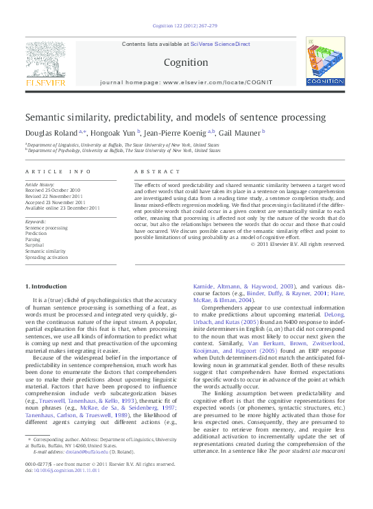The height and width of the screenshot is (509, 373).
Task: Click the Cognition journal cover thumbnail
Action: [325, 62]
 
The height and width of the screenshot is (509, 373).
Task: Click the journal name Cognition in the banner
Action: [185, 62]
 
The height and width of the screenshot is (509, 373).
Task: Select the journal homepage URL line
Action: [186, 82]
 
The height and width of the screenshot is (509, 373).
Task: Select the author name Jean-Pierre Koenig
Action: [178, 132]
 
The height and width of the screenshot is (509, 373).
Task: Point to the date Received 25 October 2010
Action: [53, 190]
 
